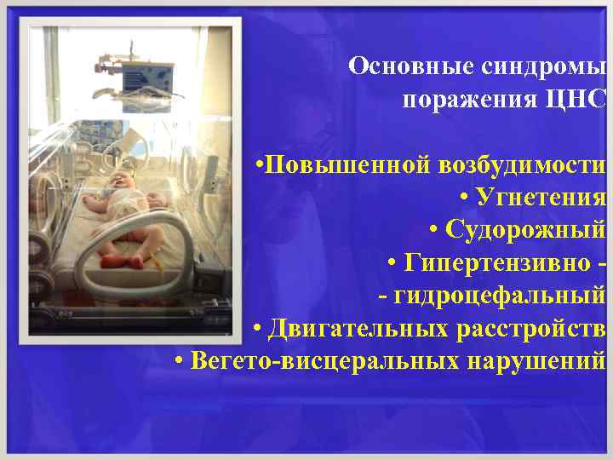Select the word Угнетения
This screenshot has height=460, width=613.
pos(541,198)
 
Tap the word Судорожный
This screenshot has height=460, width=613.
pos(526,230)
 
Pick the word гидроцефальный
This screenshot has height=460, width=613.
pos(499,296)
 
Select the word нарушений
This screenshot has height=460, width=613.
pos(536,361)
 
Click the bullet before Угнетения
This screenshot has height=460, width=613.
pos(465,198)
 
